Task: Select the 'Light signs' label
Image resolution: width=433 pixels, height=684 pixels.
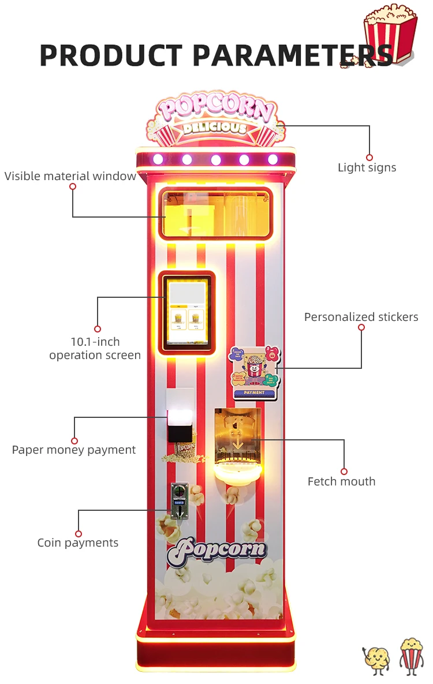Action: [367, 168]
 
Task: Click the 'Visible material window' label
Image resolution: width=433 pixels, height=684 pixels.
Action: [70, 176]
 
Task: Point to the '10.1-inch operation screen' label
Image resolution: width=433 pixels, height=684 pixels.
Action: [95, 349]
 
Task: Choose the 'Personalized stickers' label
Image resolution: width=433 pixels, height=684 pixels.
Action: [361, 317]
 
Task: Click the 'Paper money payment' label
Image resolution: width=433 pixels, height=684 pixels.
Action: [74, 450]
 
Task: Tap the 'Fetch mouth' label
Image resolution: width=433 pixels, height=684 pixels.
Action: [341, 481]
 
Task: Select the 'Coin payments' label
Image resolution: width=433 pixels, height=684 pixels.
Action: [78, 543]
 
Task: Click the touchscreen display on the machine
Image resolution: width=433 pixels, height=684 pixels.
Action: [186, 313]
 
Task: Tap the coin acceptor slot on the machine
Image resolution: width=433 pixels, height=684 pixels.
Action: [179, 500]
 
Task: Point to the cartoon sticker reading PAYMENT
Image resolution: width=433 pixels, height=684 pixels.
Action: [255, 373]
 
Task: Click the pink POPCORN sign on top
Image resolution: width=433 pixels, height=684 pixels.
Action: [215, 109]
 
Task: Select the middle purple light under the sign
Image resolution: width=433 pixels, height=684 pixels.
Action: [215, 159]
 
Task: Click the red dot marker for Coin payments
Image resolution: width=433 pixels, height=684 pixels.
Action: [79, 534]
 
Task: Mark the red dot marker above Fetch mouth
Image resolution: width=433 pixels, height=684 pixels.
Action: [344, 472]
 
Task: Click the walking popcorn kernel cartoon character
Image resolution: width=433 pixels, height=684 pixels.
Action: [376, 658]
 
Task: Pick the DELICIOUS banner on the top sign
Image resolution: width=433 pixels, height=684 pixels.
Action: [215, 128]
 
